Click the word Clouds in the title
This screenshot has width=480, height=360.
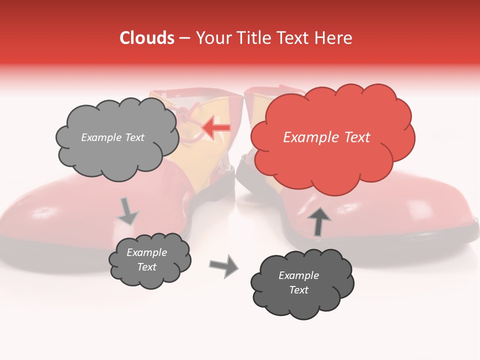[x=147, y=38]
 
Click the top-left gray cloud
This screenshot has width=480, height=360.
[x=116, y=138]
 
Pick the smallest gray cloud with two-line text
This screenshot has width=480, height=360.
[x=149, y=260]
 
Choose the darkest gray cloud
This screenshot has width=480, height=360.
[x=302, y=282]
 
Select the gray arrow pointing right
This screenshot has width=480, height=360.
[x=224, y=265]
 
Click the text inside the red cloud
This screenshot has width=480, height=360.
[x=326, y=137]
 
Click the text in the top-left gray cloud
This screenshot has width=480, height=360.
[x=112, y=137]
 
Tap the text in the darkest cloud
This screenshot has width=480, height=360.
[x=298, y=282]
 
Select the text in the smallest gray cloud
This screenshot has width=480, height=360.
[x=146, y=260]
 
